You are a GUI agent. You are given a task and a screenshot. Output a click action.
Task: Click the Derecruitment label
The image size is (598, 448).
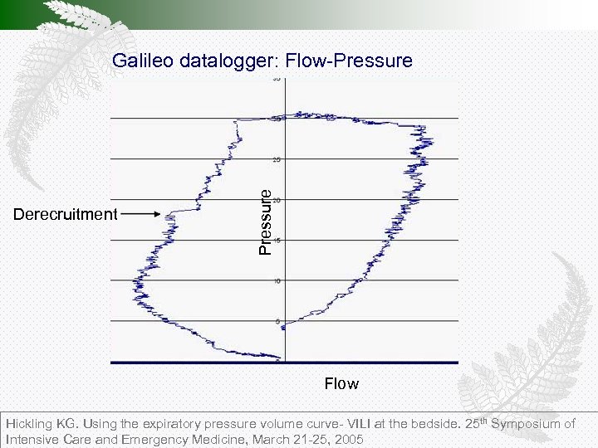pos(66,215)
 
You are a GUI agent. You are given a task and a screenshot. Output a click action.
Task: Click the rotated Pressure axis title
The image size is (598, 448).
pos(264,221)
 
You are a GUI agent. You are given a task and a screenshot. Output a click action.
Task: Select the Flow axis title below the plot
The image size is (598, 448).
pos(341,383)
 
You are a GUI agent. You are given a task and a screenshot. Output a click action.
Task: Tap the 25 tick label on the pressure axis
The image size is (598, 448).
pos(277,159)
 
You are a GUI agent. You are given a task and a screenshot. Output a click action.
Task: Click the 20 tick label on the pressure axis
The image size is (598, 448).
pos(277,200)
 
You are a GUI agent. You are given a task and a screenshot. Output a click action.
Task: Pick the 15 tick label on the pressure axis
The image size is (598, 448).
pos(277,241)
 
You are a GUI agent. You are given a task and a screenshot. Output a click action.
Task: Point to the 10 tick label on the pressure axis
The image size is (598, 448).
pos(277,281)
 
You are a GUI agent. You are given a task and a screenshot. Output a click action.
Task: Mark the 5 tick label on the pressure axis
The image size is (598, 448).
pos(278,321)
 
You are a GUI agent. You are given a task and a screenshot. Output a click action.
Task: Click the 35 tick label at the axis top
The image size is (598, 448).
pos(277,80)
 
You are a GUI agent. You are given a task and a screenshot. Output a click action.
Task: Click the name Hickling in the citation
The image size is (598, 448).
pos(31,424)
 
